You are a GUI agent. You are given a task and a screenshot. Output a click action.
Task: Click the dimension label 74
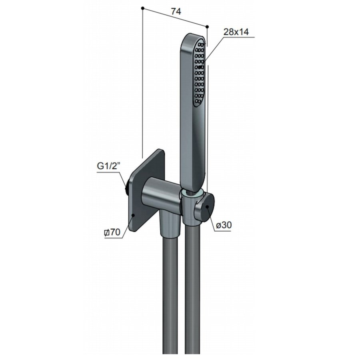click(176, 12)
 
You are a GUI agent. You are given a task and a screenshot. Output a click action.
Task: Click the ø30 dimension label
click(224, 226)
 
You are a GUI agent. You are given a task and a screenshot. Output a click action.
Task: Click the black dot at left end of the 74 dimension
click(143, 8)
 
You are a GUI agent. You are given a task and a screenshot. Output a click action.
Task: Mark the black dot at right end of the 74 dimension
click(207, 26)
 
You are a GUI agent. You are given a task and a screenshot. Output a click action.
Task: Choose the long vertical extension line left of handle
click(142, 80)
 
